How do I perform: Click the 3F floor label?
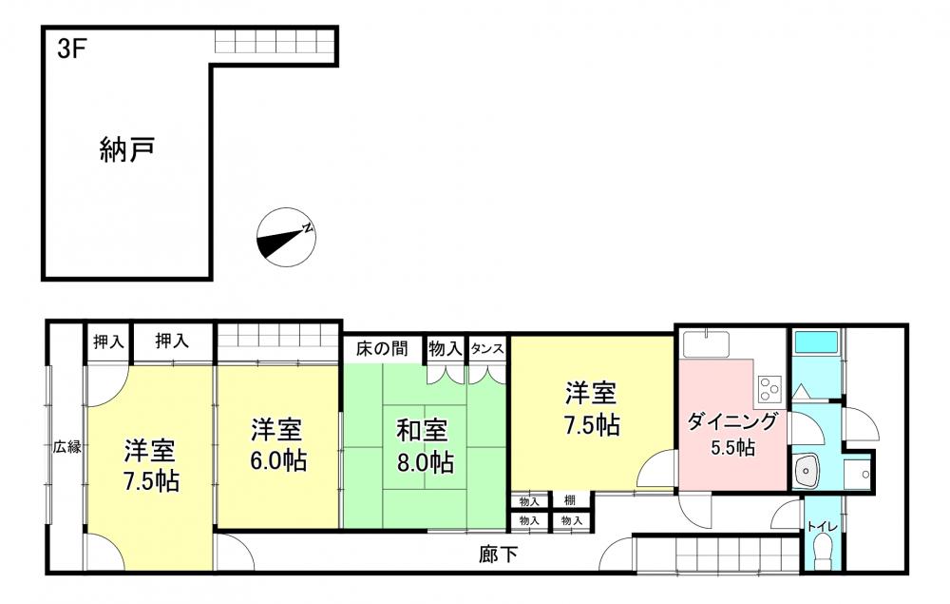(69, 49)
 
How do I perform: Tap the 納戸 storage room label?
(126, 149)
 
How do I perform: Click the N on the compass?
(308, 228)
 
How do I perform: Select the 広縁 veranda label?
(66, 448)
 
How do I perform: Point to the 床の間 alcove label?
(382, 349)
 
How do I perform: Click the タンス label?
(487, 349)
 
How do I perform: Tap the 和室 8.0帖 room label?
(425, 446)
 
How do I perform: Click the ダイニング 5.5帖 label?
(731, 434)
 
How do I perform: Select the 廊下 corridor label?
(498, 555)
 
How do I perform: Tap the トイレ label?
(822, 527)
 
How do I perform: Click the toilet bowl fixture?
(823, 553)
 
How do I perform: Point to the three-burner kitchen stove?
(770, 389)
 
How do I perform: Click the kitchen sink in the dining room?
(707, 343)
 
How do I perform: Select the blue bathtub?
(816, 341)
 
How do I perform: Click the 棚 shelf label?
(569, 501)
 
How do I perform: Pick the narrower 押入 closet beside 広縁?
(108, 342)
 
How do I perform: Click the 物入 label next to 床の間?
(446, 349)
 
